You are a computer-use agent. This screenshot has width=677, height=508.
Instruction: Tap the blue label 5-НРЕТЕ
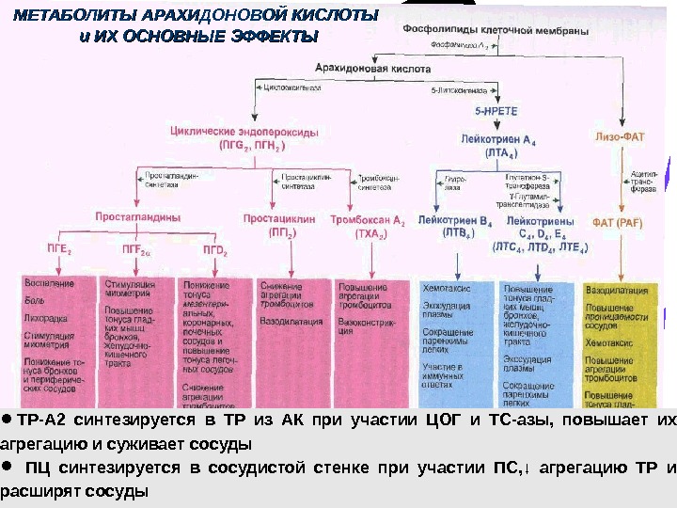point(496,110)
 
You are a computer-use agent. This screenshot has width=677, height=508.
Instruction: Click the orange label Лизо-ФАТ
point(623,136)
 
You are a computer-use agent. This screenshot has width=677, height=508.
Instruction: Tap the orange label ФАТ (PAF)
point(617,223)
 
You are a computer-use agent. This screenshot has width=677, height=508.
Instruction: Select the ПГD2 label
point(215,250)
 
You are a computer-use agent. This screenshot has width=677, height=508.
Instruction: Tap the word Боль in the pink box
point(35,300)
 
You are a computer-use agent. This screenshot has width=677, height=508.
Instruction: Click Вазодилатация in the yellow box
point(617,293)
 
